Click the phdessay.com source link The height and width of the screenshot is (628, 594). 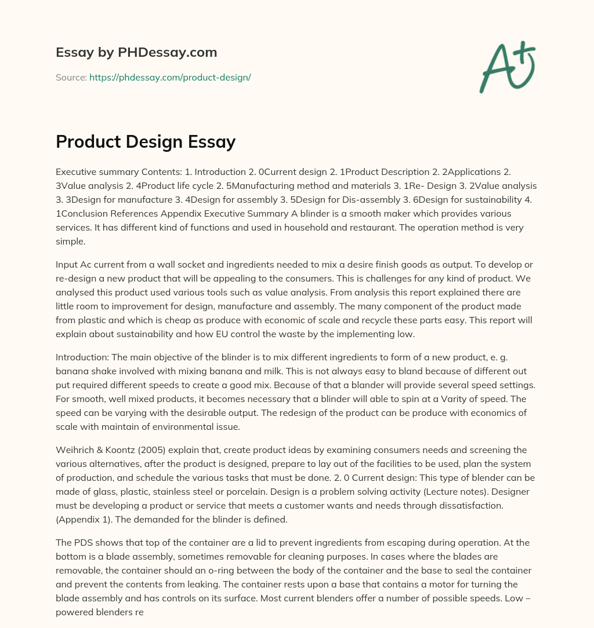tap(170, 77)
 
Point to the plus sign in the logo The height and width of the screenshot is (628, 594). tap(525, 53)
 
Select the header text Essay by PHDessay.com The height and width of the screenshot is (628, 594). tap(136, 53)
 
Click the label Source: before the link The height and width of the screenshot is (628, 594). tap(71, 77)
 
